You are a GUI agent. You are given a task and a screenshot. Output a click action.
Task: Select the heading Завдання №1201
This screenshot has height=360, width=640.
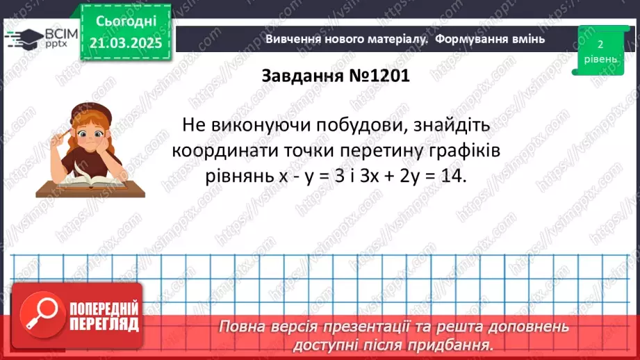336,76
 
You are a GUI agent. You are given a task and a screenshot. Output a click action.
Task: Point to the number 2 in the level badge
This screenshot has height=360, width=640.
599,44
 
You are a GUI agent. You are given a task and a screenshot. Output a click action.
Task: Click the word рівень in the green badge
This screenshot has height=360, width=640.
599,59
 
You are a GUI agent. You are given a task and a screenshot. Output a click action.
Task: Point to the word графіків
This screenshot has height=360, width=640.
458,151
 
